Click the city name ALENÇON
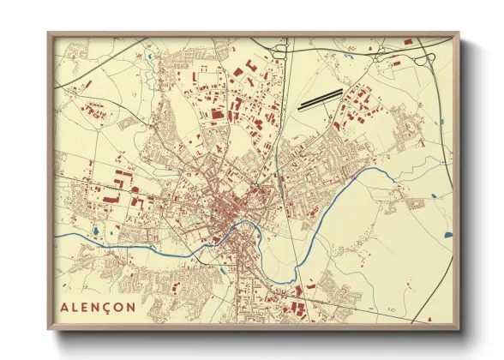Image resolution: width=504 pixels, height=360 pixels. pyautogui.click(x=99, y=306)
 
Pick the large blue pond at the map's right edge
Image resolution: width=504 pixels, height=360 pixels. pyautogui.click(x=447, y=232)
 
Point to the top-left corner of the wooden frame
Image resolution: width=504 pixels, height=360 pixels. pyautogui.click(x=50, y=33)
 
